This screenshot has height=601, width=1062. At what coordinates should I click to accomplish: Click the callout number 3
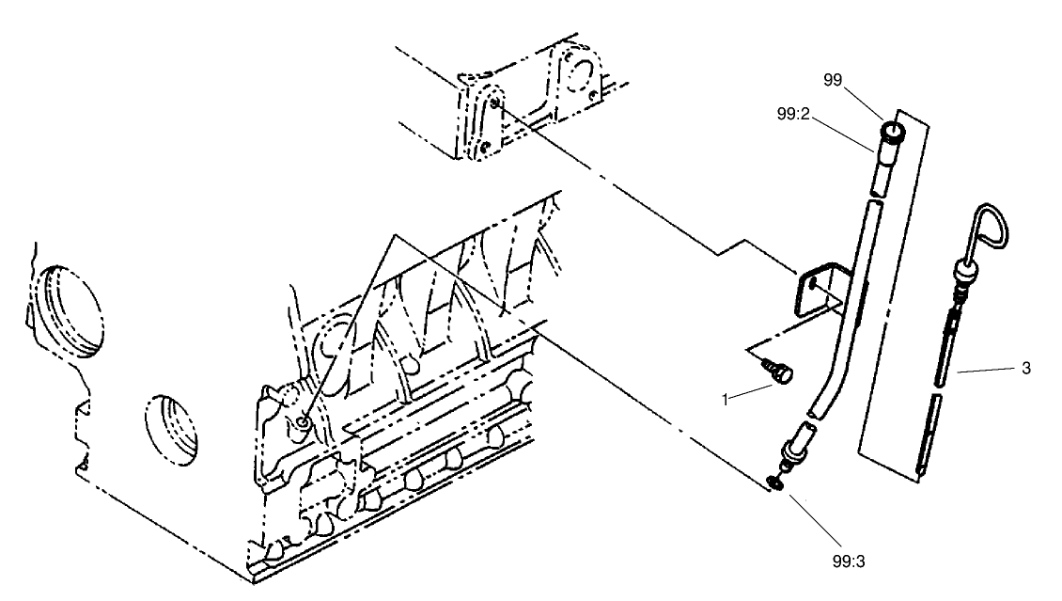point(1024,369)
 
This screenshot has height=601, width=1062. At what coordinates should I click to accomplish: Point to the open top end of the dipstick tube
point(891,129)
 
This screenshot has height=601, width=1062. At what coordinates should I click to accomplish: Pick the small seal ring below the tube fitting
point(777,482)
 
